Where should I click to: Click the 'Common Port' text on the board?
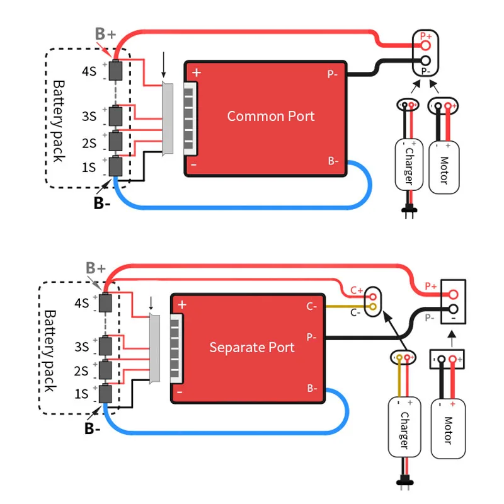coord(270,116)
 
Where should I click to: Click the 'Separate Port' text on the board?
coord(251,347)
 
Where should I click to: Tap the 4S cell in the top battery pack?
coord(115,71)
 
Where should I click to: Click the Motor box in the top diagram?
coord(443,166)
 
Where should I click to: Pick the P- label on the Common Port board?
coord(333,74)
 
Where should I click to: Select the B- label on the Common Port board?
coord(333,161)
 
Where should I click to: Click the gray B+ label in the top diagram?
coord(106,33)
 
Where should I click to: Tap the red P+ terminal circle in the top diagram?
coord(426,45)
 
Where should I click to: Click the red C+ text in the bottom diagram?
coord(357,291)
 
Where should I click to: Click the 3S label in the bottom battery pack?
coord(81,346)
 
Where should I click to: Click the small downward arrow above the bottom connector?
coord(151,303)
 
